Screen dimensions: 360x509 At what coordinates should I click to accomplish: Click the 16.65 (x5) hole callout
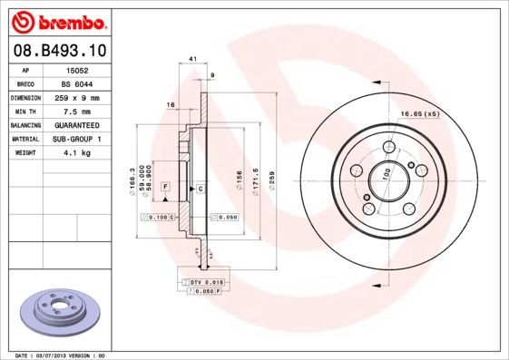click(420, 114)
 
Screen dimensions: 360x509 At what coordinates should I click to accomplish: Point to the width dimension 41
click(192, 59)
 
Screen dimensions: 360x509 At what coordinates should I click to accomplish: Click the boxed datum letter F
click(166, 186)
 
